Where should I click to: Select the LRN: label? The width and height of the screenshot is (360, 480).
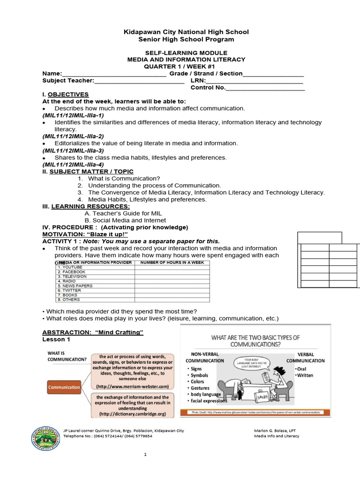198,81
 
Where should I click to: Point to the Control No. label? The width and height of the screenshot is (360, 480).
208,88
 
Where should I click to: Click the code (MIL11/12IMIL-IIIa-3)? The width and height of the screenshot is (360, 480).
73,150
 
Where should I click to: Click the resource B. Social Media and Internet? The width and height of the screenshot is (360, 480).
125,220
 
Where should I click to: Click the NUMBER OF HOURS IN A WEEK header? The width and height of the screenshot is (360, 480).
172,262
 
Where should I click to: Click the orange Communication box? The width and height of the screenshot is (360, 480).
64,387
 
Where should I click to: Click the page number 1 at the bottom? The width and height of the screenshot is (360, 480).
146,455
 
